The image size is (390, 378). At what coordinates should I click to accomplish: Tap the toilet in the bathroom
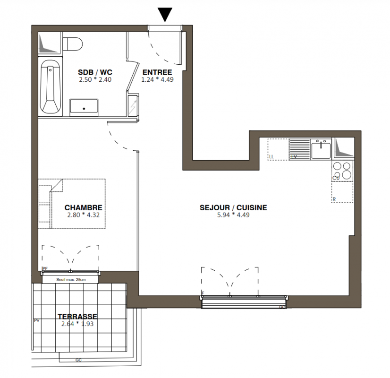coord(72,44)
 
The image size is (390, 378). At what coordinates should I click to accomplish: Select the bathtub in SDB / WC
coord(51,86)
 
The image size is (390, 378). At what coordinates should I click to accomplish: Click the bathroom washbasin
coord(84,108)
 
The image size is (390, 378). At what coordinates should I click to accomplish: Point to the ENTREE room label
coord(157,72)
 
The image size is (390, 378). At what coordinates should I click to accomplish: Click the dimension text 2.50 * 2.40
coord(95,80)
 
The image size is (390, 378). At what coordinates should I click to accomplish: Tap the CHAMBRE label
coord(83,207)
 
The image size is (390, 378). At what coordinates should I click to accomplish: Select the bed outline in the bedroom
coord(72,204)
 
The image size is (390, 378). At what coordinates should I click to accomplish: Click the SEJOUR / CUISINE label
coord(233,207)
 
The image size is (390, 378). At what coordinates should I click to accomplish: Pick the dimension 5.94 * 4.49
coord(233,215)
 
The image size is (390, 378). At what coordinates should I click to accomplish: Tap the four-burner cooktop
coord(342,171)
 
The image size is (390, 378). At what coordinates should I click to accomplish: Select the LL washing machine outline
coord(278,149)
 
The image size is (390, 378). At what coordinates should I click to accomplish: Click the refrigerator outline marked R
coord(342,192)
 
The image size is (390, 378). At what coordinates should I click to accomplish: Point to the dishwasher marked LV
coord(300,149)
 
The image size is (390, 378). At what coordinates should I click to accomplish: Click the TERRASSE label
coord(77,317)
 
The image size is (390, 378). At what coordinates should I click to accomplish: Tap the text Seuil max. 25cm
coord(71,280)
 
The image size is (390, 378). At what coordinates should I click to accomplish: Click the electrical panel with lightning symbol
coord(133,105)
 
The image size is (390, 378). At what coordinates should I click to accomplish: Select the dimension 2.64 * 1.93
coord(77,324)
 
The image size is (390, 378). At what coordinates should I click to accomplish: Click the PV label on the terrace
coord(36,320)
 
